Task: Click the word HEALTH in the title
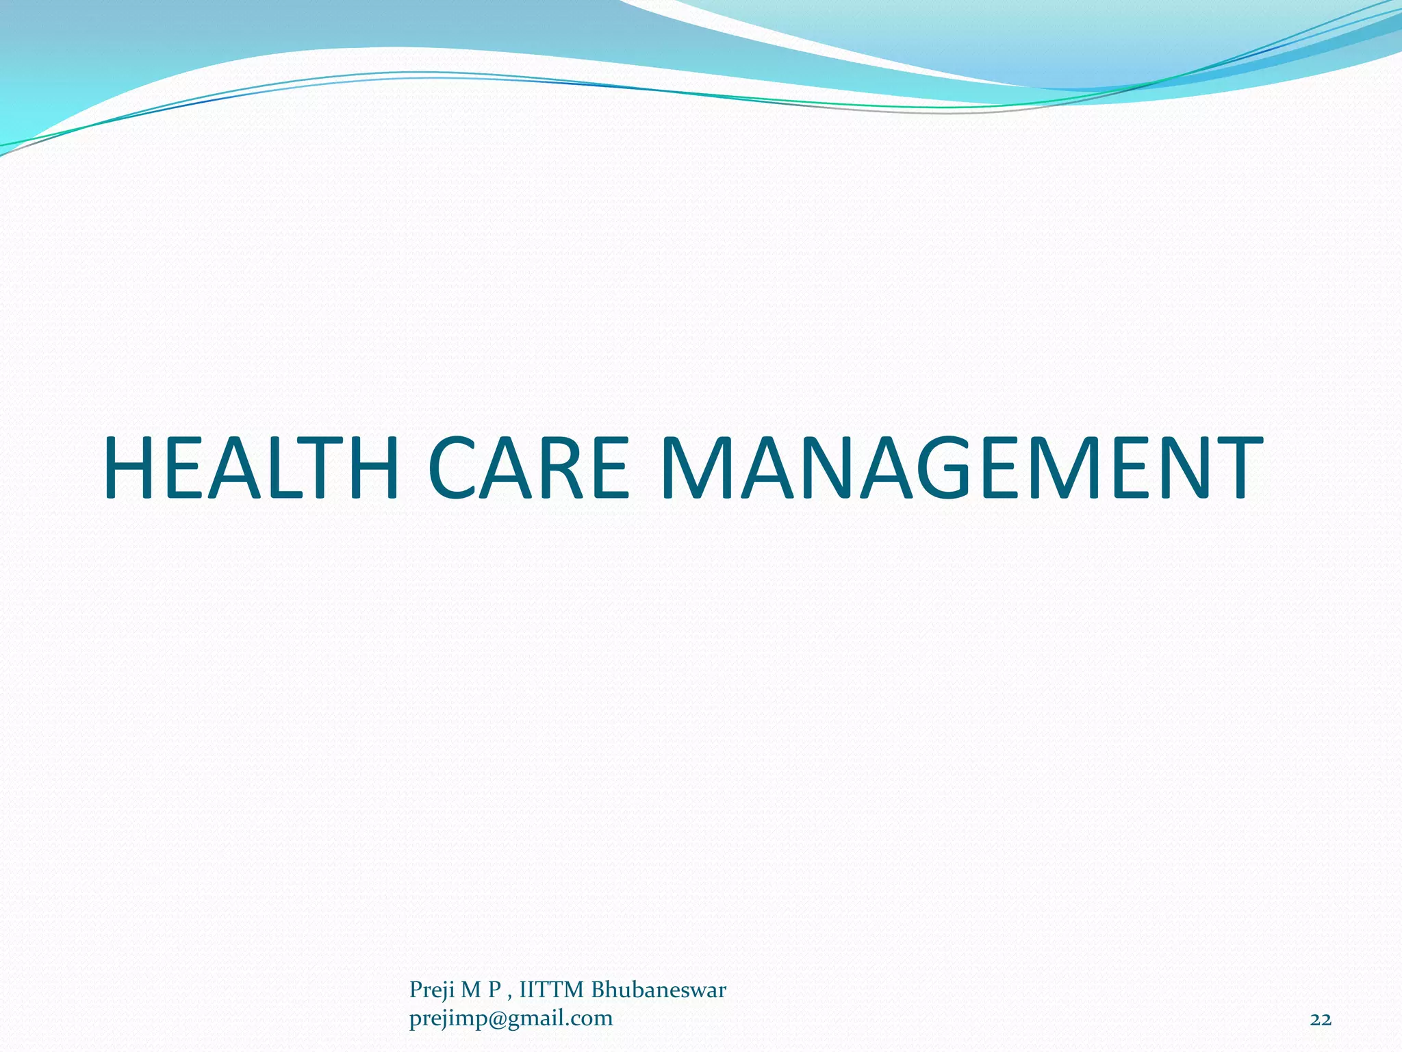point(251,468)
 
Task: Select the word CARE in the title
point(528,468)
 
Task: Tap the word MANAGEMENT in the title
point(962,468)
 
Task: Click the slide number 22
point(1320,1020)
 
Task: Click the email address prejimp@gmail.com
point(511,1019)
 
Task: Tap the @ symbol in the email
point(496,1020)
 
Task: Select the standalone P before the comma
point(494,990)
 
